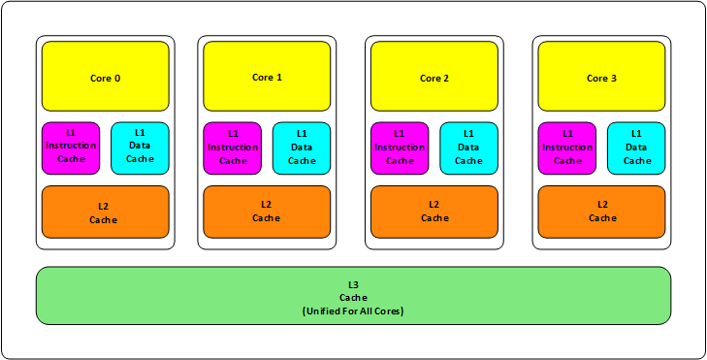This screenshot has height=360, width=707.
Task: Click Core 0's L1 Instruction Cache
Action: (x=71, y=147)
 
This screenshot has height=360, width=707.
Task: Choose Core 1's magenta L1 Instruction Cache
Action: (x=233, y=147)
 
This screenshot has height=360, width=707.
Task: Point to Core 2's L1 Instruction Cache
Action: (x=400, y=147)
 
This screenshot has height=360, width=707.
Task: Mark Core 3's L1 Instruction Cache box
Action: (x=567, y=147)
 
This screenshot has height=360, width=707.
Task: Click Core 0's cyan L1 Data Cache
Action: (x=140, y=147)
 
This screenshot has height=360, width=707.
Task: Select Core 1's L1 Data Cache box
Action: (x=302, y=147)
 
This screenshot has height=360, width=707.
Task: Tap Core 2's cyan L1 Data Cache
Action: (x=468, y=147)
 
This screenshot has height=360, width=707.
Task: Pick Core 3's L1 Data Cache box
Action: (x=636, y=147)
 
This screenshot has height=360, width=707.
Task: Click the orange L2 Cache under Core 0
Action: (x=105, y=212)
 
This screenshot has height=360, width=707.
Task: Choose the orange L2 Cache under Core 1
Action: (x=267, y=212)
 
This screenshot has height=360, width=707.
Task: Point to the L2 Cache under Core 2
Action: (x=434, y=212)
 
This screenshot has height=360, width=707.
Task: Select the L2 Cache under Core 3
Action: (x=601, y=212)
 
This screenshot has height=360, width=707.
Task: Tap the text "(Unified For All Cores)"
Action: (x=352, y=311)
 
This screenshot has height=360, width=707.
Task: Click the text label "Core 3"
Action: (x=601, y=78)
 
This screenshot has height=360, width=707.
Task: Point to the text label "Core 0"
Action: (x=105, y=78)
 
